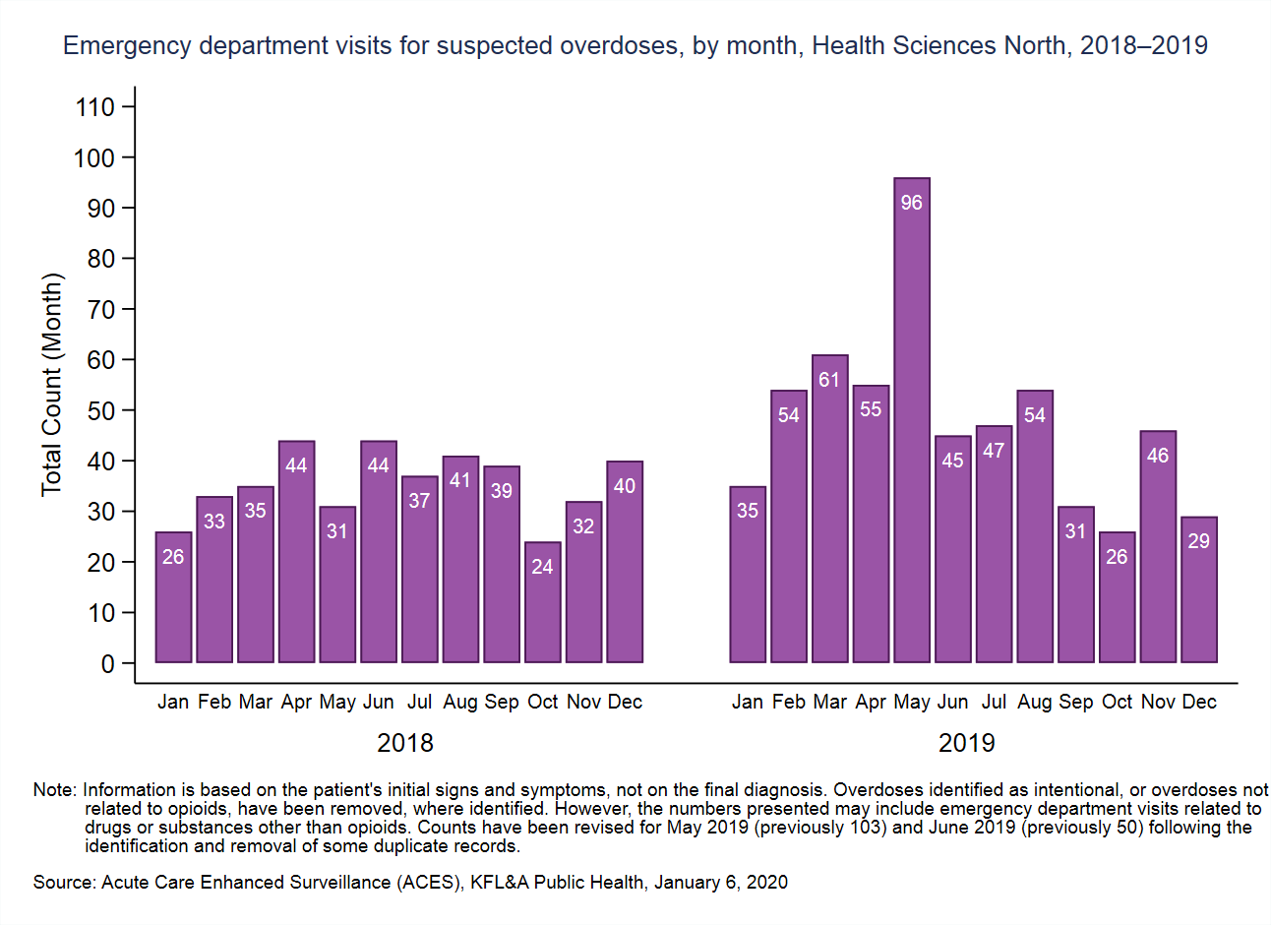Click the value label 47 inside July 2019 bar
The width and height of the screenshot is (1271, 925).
click(994, 451)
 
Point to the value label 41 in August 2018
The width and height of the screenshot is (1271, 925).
click(460, 480)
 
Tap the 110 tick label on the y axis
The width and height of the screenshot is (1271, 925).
click(95, 107)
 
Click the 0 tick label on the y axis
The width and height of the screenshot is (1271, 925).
click(107, 664)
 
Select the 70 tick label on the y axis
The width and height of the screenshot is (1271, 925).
click(101, 310)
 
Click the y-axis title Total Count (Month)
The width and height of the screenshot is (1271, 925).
click(51, 385)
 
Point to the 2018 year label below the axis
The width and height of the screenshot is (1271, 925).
click(405, 743)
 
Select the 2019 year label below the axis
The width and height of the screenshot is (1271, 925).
click(966, 743)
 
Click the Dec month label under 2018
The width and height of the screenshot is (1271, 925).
click(625, 703)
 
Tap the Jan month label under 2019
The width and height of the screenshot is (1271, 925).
click(748, 703)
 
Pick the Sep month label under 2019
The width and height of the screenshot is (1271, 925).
click(1075, 703)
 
